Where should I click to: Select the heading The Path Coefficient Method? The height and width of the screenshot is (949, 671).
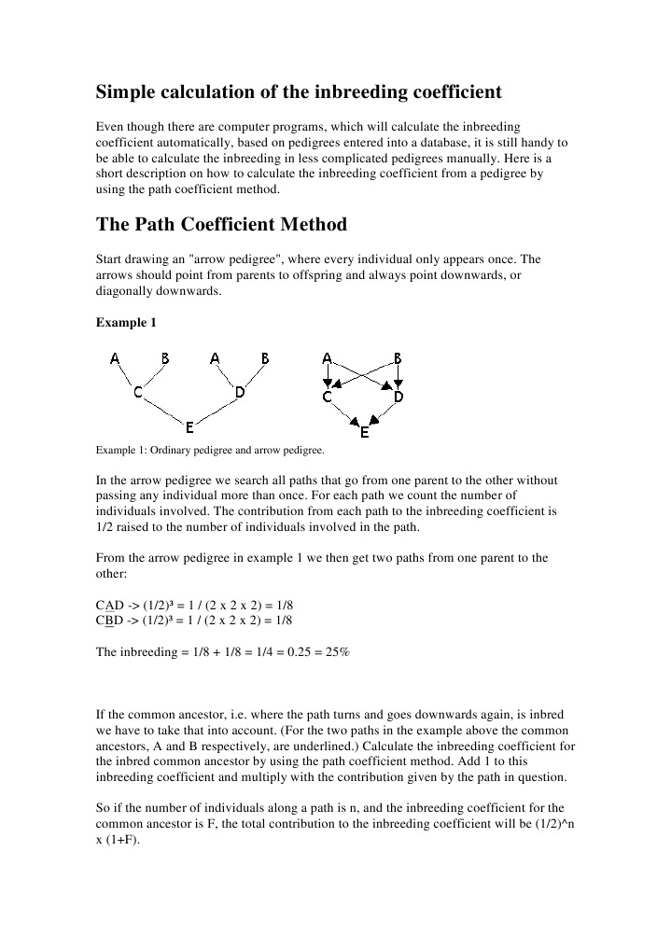221,225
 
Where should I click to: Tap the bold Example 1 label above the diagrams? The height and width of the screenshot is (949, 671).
127,323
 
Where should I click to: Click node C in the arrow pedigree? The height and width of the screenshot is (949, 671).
328,397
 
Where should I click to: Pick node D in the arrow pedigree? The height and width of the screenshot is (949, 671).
398,397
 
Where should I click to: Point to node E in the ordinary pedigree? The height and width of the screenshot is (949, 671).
189,427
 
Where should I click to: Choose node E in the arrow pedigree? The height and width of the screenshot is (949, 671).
364,433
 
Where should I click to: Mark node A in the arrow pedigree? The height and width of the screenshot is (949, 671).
327,358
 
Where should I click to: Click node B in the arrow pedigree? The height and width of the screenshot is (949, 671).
398,358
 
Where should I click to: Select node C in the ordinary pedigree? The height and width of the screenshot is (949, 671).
137,393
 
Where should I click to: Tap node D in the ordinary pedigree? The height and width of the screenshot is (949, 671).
240,393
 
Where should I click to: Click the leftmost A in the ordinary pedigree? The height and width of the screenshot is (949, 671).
115,358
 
